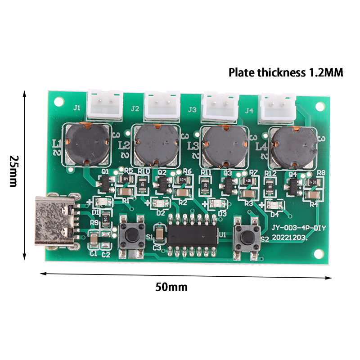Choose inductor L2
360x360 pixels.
click(155, 144)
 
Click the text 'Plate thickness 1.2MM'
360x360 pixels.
click(286, 72)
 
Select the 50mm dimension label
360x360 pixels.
click(171, 287)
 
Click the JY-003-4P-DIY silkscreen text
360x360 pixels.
click(298, 228)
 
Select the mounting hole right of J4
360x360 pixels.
click(320, 106)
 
